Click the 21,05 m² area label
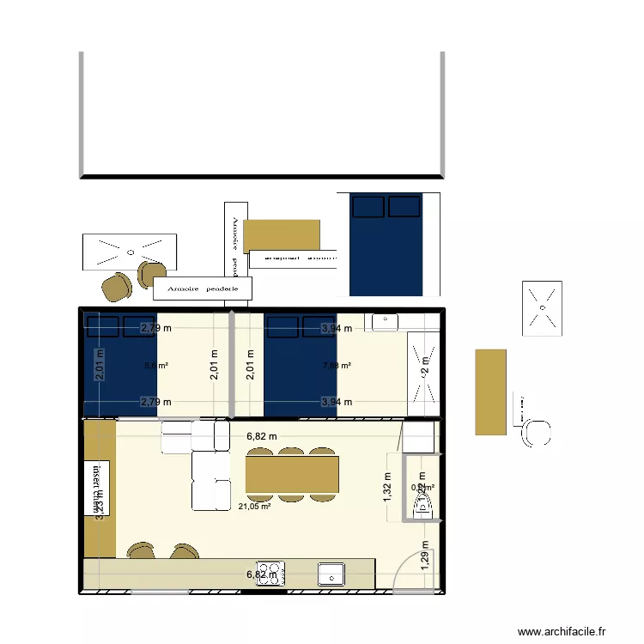click(254, 507)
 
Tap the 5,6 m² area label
click(155, 366)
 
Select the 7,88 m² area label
click(336, 366)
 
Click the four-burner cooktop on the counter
click(272, 573)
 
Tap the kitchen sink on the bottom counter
click(331, 574)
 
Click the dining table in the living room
click(292, 474)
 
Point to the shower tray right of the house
click(542, 307)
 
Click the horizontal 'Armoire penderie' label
click(203, 289)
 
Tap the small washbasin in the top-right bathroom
click(383, 322)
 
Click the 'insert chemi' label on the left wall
click(92, 489)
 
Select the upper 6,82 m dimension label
click(262, 436)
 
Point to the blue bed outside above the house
click(386, 245)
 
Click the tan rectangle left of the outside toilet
click(490, 391)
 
